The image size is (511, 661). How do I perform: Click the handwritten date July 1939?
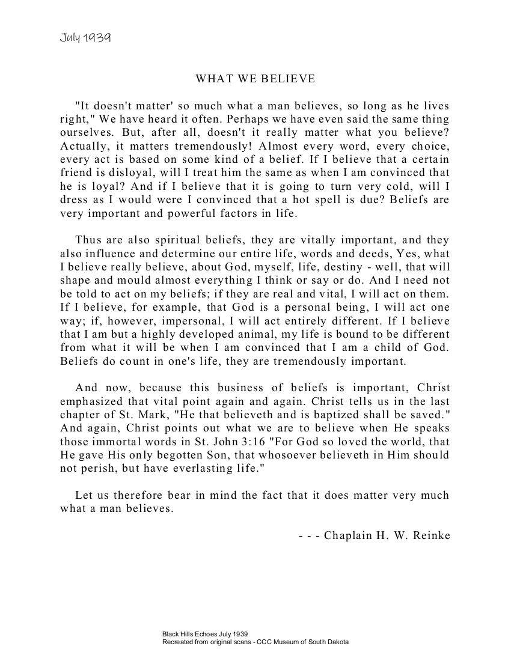click(x=85, y=38)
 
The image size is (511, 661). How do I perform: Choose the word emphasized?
click(x=91, y=401)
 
